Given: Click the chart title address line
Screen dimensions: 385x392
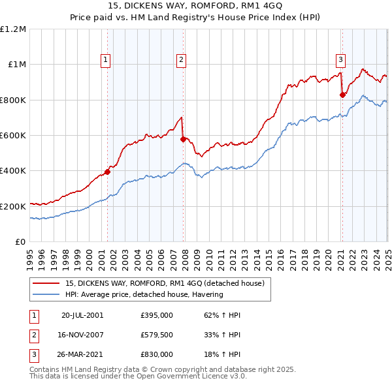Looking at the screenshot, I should pos(195,7).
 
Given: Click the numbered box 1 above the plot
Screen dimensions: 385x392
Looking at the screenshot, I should pos(106,60).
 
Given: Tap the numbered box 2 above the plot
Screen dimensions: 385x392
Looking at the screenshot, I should pos(181,60).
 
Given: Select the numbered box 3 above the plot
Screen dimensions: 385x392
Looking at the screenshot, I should pos(340,60).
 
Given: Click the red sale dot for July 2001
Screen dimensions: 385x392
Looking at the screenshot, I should pos(108,172).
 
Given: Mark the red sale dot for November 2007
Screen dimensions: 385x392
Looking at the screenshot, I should pos(183,139).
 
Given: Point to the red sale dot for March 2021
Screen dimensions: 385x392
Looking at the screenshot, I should pos(342,95).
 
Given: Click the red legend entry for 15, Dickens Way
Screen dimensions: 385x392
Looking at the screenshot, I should pos(164,283).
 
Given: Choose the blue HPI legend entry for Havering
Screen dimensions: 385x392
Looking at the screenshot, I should pos(144,294).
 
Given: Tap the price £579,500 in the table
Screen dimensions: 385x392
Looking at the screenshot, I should pos(157,335).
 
